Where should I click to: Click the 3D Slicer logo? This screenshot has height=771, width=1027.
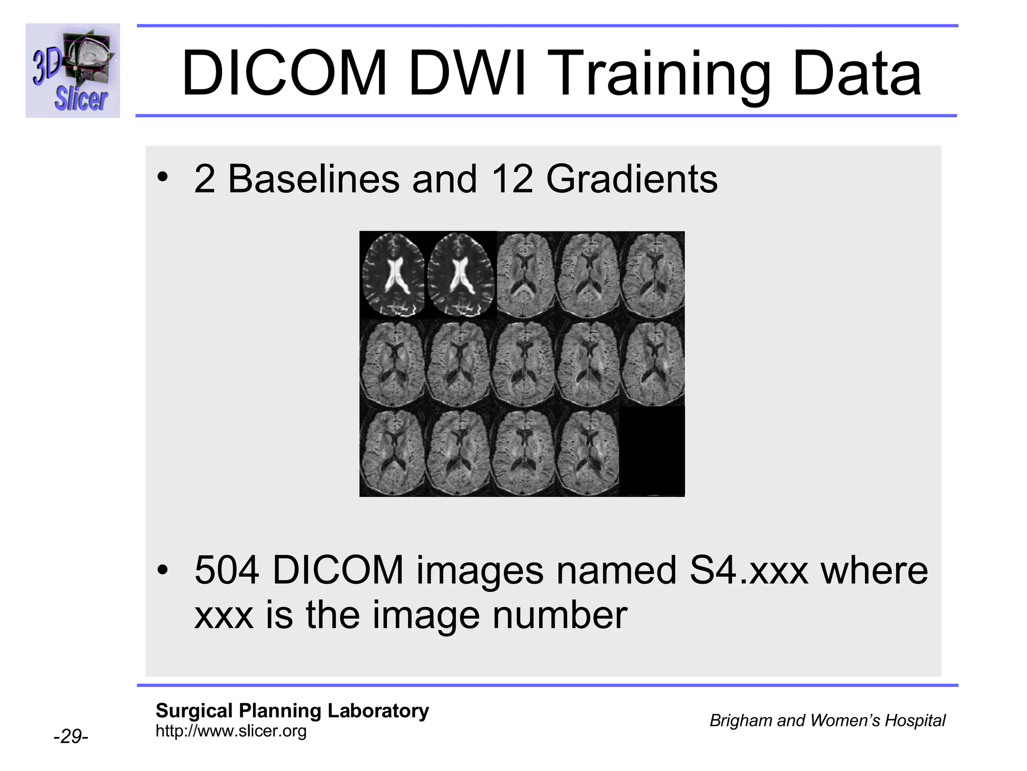(73, 70)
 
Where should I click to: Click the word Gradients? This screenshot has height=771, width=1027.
(632, 180)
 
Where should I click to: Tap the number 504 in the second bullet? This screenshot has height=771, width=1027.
(227, 570)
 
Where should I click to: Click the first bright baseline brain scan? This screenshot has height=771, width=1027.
(393, 275)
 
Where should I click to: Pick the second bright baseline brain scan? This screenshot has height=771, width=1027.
(460, 275)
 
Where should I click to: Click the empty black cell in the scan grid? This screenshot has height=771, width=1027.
(652, 451)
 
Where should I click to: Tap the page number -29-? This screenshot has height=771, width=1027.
(71, 736)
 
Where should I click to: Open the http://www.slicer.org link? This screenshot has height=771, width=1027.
(231, 731)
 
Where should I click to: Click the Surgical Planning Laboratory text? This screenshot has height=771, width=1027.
(292, 711)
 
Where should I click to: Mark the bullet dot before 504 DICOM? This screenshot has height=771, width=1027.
(162, 570)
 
